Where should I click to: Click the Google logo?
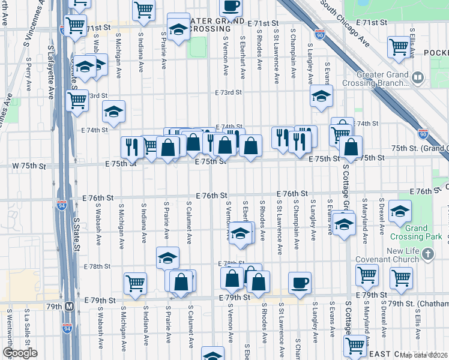[19, 353]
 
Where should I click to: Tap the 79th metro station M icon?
[70, 306]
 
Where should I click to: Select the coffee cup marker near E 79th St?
[300, 282]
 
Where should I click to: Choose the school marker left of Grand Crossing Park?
[399, 212]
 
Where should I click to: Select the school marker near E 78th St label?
[167, 258]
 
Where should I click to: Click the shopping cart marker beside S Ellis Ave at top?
[399, 46]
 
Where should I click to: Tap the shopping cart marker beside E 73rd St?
[77, 101]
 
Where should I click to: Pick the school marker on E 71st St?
[178, 29]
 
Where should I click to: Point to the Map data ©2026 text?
[423, 355]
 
